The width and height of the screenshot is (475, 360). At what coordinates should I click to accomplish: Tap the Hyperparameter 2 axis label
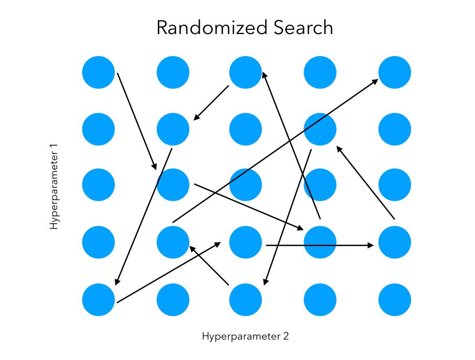click(x=245, y=336)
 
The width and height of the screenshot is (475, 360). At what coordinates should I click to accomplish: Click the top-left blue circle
click(x=99, y=72)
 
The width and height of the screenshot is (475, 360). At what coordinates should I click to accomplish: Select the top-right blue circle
click(x=395, y=72)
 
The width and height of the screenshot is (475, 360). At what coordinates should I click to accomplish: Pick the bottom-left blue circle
click(x=99, y=300)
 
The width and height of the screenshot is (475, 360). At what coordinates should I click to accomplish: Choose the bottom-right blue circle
click(x=395, y=300)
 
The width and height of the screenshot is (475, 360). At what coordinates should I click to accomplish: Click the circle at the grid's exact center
click(x=245, y=186)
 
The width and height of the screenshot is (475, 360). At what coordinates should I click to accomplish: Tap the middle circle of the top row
click(x=245, y=72)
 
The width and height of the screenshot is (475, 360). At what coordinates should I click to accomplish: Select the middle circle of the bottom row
click(x=245, y=300)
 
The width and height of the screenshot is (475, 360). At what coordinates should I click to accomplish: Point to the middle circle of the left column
click(x=99, y=186)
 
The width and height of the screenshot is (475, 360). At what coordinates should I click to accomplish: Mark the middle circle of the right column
click(x=395, y=186)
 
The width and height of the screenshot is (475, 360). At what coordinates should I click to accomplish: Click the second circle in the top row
click(x=173, y=72)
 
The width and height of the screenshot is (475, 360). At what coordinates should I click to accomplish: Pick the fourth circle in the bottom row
click(x=320, y=300)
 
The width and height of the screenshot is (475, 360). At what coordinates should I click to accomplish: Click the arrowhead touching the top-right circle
click(x=375, y=81)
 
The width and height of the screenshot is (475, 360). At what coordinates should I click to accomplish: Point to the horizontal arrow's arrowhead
click(x=371, y=245)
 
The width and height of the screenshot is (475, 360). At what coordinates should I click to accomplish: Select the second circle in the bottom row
click(x=173, y=300)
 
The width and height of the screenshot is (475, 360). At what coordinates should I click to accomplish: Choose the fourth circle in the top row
click(x=320, y=72)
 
